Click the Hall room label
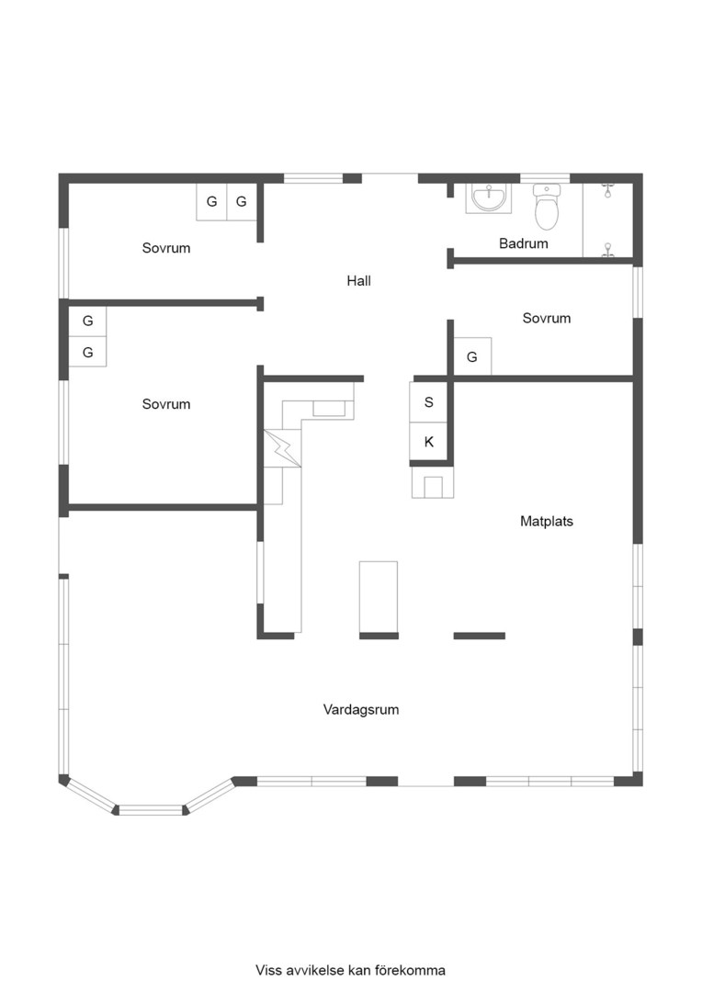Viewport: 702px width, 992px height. [x=358, y=281]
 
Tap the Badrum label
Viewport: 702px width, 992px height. [x=524, y=243]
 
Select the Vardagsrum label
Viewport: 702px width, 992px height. [x=361, y=710]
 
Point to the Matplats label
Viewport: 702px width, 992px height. [x=547, y=522]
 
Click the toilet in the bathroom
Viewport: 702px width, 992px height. [x=547, y=207]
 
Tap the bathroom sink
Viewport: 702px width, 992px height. [x=489, y=198]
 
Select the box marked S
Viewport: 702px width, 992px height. [x=428, y=402]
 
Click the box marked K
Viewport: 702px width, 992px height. [x=428, y=442]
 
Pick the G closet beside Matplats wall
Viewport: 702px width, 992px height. [x=472, y=356]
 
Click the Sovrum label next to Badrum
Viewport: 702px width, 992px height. [x=547, y=318]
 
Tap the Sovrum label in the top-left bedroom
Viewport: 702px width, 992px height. [x=165, y=248]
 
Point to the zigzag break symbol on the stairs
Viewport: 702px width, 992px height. [x=282, y=448]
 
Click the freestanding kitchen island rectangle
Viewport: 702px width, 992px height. [x=379, y=597]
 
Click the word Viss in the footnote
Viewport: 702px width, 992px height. [x=267, y=970]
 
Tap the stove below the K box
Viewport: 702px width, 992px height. [x=433, y=482]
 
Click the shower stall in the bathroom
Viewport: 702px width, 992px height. [x=607, y=220]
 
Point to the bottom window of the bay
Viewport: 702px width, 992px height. [x=151, y=809]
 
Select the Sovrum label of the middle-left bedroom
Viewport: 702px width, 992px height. [x=165, y=404]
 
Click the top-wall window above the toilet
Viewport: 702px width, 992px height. [x=544, y=178]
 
